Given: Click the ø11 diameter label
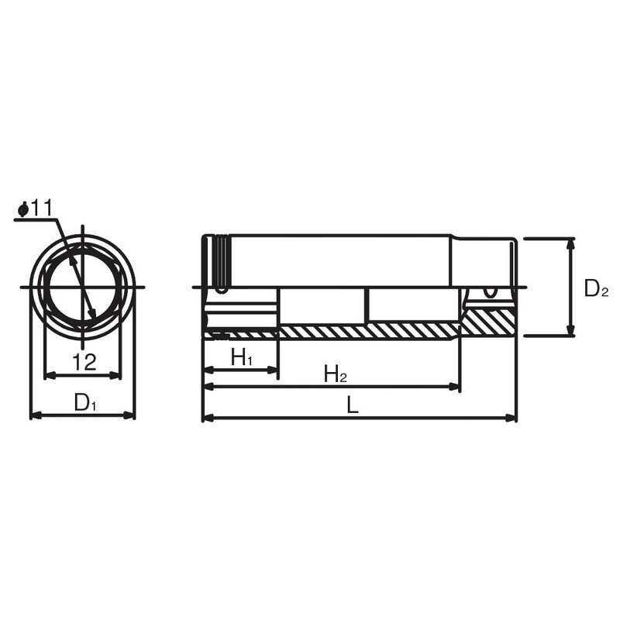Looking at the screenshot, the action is (36, 208).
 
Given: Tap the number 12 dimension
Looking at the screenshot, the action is (84, 361).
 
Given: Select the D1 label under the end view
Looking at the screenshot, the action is (85, 402).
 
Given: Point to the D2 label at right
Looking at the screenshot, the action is (596, 288).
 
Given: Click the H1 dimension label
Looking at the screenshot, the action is (242, 358).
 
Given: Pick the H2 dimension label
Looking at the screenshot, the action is (336, 374).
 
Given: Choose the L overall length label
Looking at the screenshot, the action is (353, 405).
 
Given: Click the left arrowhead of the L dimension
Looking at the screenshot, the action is (208, 418).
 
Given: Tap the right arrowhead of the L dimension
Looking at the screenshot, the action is (511, 418).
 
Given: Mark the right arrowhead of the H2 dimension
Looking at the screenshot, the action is (454, 386).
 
